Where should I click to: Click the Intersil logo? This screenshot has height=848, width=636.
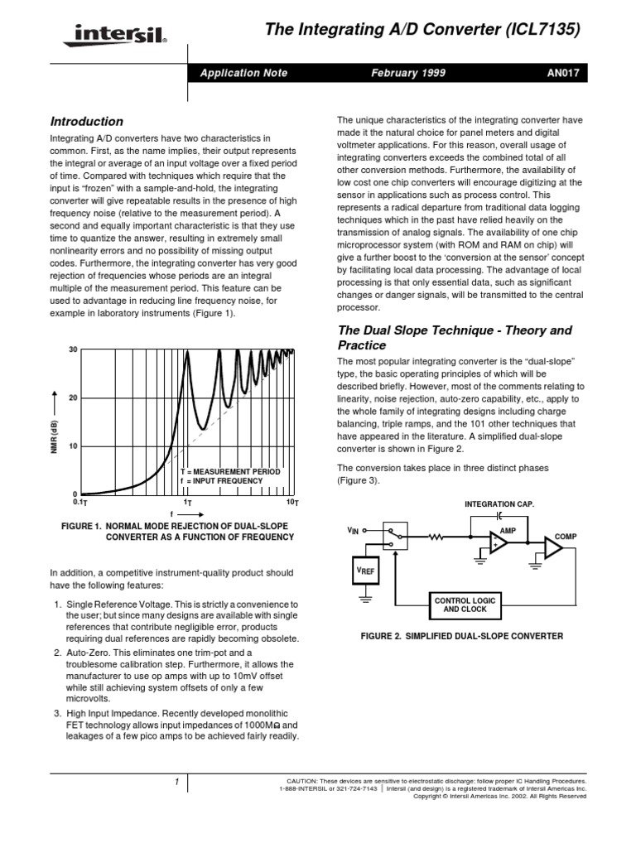[x=108, y=36]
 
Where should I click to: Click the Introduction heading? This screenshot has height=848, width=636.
[x=86, y=121]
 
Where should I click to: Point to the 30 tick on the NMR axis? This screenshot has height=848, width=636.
[x=72, y=349]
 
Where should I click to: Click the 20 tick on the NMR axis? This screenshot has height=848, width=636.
[x=72, y=397]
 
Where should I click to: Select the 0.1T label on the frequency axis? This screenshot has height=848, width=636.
[x=80, y=503]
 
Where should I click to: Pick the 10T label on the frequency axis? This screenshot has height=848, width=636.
[x=291, y=503]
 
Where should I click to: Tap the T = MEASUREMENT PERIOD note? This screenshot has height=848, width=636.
[x=230, y=471]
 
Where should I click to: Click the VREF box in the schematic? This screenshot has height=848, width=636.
[x=364, y=571]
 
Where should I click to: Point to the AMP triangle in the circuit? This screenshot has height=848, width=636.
[x=500, y=542]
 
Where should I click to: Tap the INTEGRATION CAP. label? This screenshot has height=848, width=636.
[x=499, y=503]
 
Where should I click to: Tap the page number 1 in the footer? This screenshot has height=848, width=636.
[x=177, y=782]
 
